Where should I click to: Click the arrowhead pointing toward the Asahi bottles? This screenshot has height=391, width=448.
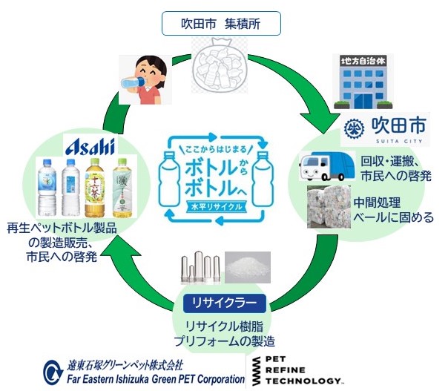point(117,260)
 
